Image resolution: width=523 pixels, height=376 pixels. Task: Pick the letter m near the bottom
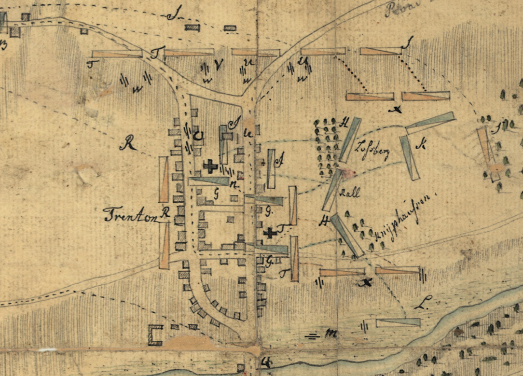coord(331,333)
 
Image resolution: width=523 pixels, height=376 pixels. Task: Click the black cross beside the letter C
coord(210,166)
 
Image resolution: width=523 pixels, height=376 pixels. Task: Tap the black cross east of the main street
coord(270,233)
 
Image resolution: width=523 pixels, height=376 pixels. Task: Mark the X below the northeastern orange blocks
coord(397,110)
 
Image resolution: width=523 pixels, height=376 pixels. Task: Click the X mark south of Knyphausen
coord(368,282)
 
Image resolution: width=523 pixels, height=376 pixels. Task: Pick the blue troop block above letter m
coord(398,322)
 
